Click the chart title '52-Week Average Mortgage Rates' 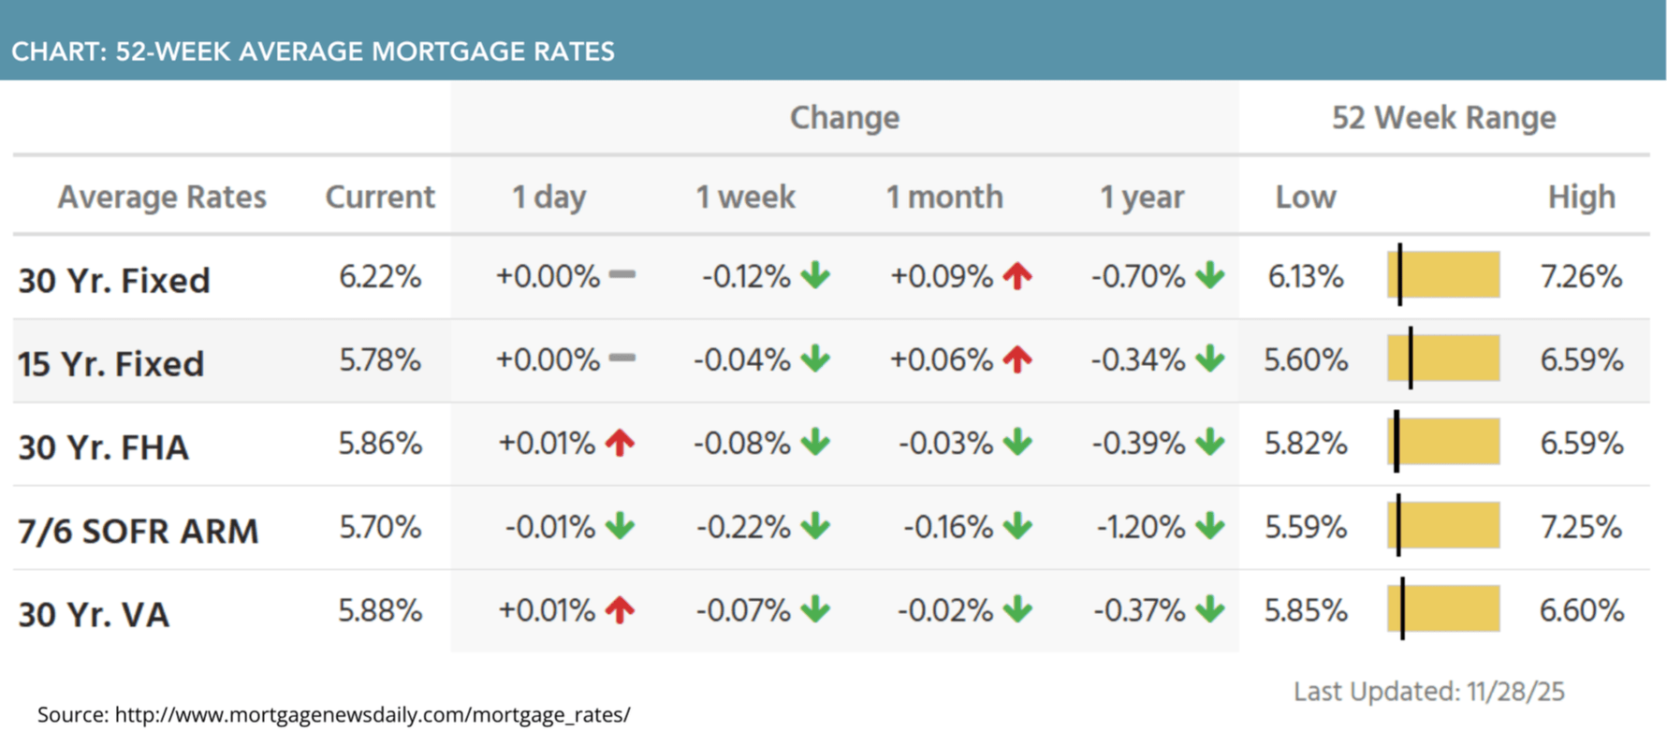point(313,51)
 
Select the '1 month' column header point(943,197)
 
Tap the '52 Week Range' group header point(1443,118)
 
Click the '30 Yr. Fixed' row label point(114,280)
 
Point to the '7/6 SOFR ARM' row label point(139,531)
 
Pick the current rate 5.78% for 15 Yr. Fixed point(379,360)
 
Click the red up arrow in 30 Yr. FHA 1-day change point(620,443)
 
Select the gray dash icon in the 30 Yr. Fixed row point(622,275)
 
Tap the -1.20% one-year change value point(1141,527)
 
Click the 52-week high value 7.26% point(1581,277)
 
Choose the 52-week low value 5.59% point(1306,527)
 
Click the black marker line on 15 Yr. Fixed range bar point(1411,358)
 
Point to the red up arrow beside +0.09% point(1017,276)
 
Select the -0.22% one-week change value point(743,527)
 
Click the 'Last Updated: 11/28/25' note point(1428,692)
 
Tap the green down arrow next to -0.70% point(1210,276)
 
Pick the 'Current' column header point(379,197)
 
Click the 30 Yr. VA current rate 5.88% point(379,610)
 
